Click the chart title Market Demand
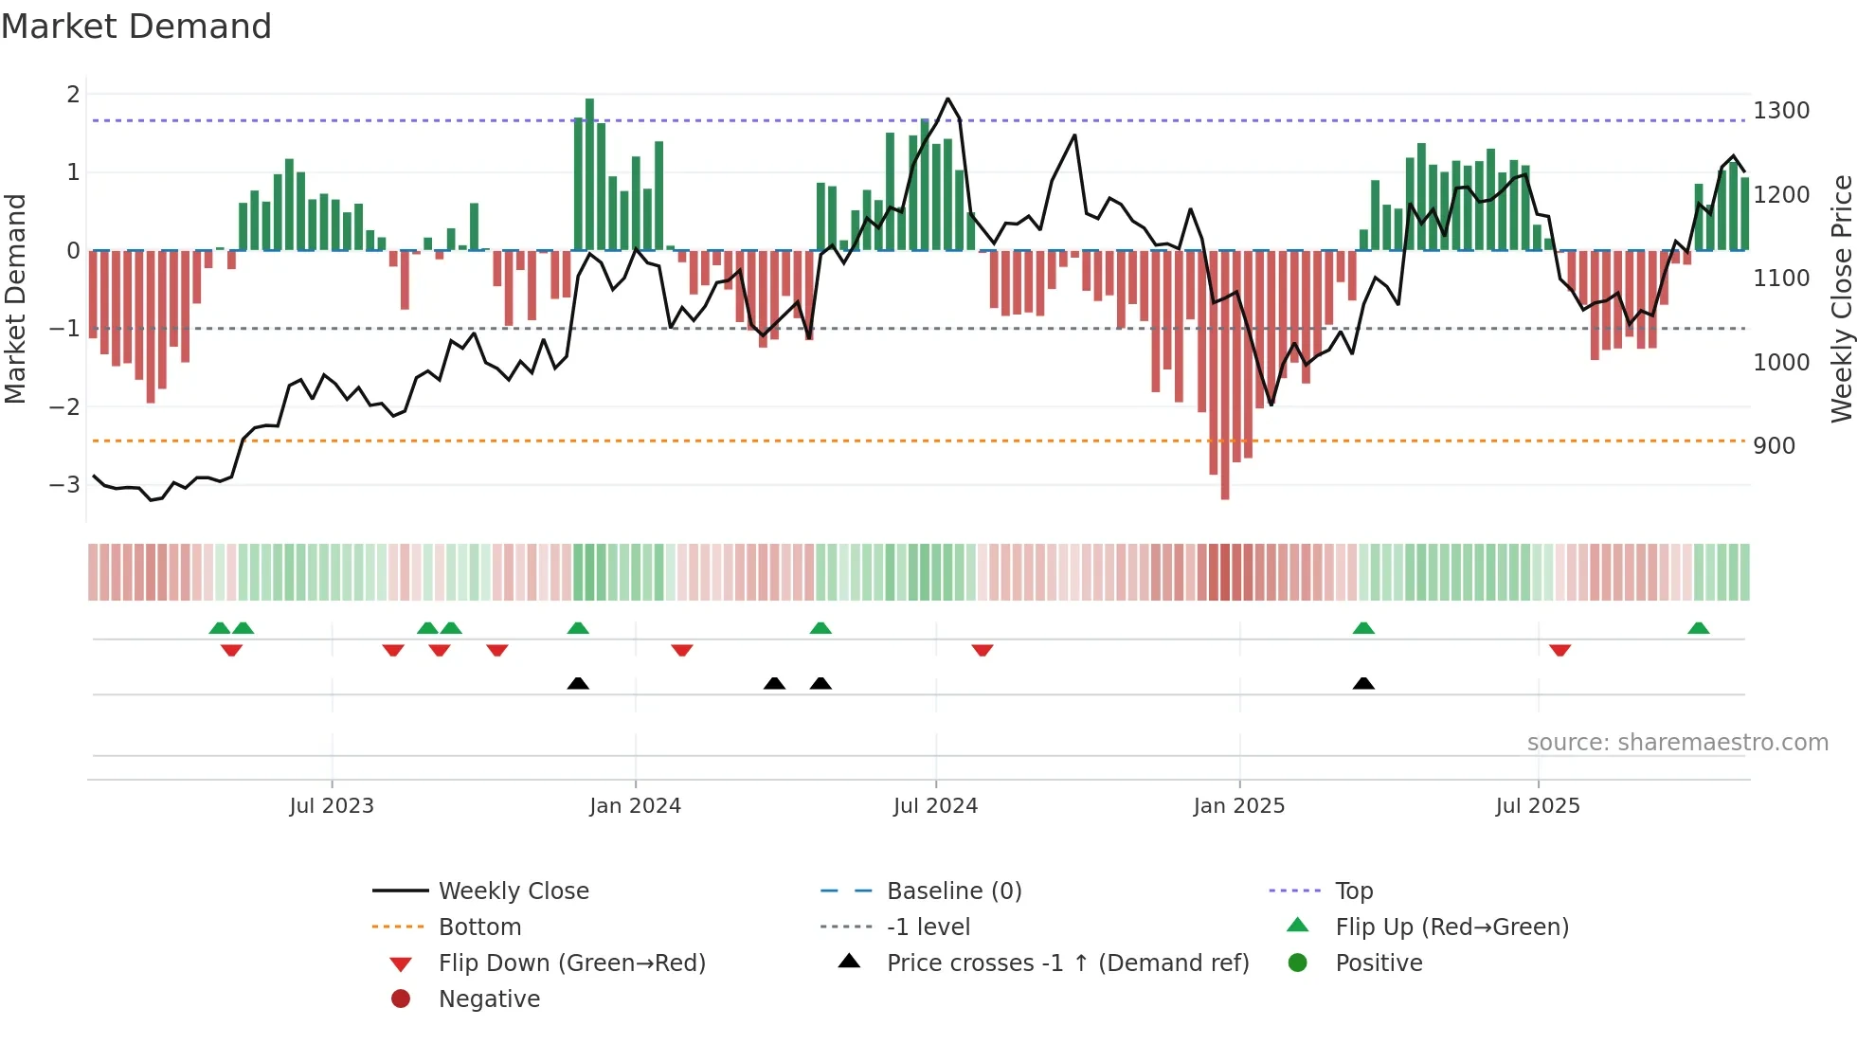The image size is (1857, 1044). (x=136, y=27)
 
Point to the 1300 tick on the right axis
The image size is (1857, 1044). (x=1781, y=111)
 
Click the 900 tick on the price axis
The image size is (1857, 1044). (x=1774, y=446)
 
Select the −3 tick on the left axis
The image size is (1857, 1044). (x=64, y=485)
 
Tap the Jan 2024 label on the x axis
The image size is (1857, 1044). (x=635, y=806)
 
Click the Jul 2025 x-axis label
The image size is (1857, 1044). (x=1538, y=806)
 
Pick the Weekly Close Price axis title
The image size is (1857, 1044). (x=1841, y=298)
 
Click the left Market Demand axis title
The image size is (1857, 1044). (x=15, y=298)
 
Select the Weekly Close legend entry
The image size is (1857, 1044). (x=514, y=891)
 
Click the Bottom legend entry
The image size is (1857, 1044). (x=479, y=927)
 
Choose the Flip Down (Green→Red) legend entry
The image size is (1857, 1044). (x=571, y=963)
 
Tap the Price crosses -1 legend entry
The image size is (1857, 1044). (x=1067, y=963)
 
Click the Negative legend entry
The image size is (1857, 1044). (x=489, y=999)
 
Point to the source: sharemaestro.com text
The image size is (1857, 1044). (x=1677, y=743)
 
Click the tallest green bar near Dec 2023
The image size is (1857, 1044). (x=589, y=174)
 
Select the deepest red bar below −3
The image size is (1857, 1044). (x=1225, y=374)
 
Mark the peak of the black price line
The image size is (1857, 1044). (x=947, y=99)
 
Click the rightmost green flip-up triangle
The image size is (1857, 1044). (x=1699, y=628)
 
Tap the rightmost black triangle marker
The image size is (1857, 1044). (x=1363, y=684)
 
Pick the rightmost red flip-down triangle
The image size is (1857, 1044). (x=1560, y=650)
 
